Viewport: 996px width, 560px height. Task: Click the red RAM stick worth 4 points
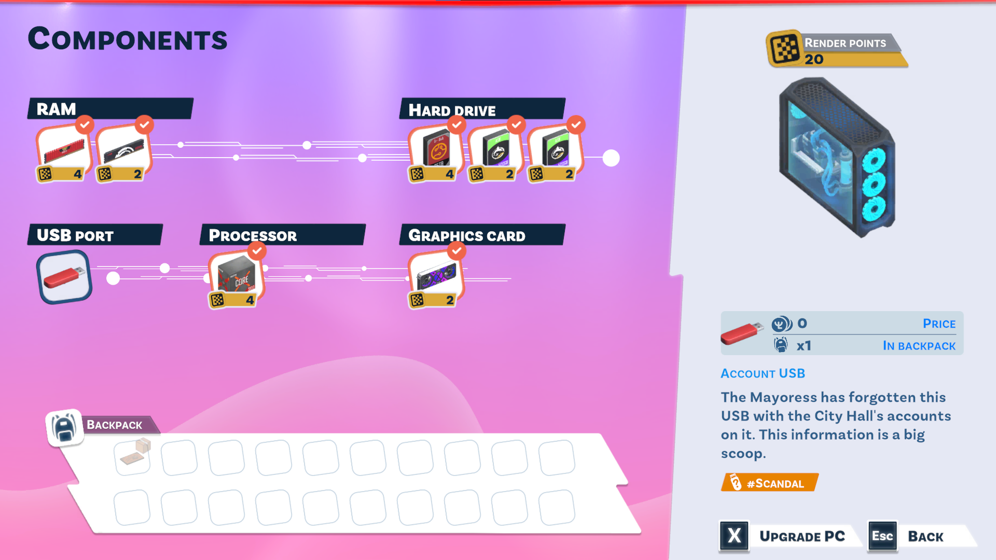point(63,151)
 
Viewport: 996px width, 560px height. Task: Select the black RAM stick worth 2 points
point(123,151)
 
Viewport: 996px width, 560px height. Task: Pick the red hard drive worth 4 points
point(436,151)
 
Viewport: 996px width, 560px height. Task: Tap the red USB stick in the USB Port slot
point(64,277)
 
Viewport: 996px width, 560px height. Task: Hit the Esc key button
point(882,536)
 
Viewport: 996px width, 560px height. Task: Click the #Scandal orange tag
point(769,483)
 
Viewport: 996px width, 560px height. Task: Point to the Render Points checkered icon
point(784,49)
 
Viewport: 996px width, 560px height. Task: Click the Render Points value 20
point(814,60)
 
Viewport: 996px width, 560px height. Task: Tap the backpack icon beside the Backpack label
point(65,428)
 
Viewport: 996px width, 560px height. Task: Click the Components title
point(128,39)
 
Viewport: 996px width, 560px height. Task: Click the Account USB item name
point(763,373)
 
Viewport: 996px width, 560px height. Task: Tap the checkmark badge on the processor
point(257,251)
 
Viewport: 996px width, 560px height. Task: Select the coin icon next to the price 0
point(781,324)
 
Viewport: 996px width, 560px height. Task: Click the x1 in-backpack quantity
point(804,346)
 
